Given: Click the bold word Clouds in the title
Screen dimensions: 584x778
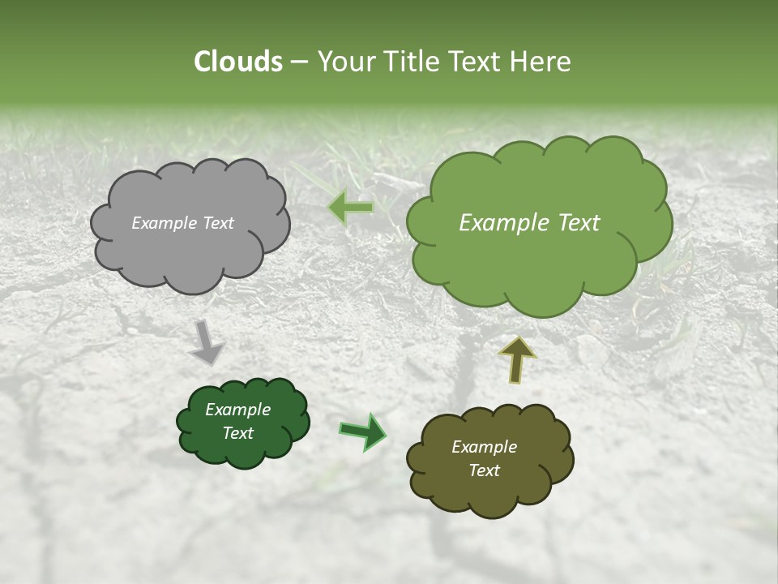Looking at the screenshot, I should (x=237, y=62).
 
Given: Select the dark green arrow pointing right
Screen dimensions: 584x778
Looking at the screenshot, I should (x=363, y=431).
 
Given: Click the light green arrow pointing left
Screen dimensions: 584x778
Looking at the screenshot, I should (x=351, y=208).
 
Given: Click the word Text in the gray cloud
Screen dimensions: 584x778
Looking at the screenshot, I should (x=217, y=223).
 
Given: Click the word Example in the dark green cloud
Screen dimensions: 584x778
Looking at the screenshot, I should (x=237, y=410).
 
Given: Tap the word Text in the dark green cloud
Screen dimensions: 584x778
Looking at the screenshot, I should (x=237, y=433).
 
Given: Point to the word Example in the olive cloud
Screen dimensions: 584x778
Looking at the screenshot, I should (x=484, y=447).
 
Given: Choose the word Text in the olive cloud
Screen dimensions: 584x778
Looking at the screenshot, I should (x=484, y=470).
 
